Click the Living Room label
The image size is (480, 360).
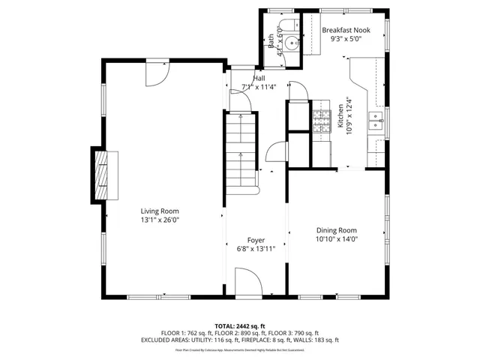(x=160, y=211)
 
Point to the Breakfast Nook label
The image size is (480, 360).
(x=346, y=30)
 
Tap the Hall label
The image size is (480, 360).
(x=259, y=78)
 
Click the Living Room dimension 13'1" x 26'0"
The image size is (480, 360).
(x=160, y=220)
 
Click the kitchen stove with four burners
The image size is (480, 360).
(x=321, y=120)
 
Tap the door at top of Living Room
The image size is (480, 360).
(x=157, y=72)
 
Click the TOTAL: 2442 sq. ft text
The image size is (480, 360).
(x=240, y=326)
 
